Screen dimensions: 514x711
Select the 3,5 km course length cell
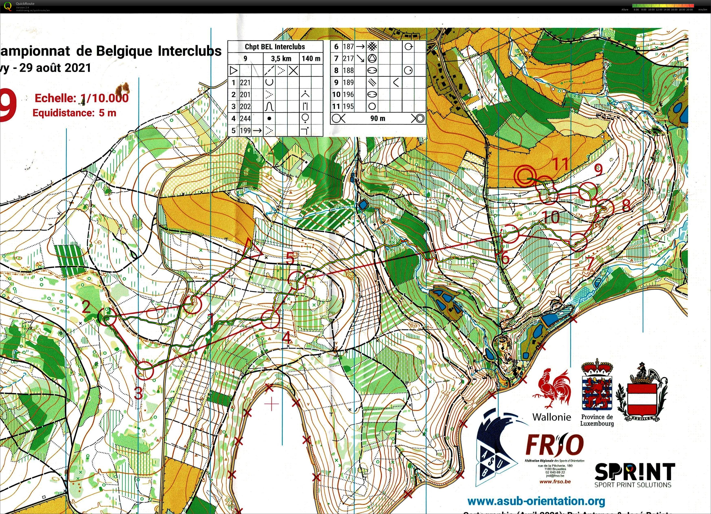(281, 58)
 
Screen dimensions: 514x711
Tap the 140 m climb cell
(311, 58)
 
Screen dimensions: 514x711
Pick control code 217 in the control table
(348, 58)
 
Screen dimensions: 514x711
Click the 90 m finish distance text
(378, 118)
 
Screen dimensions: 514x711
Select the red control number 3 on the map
(138, 394)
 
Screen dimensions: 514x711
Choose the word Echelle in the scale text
(55, 98)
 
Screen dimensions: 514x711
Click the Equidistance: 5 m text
(74, 113)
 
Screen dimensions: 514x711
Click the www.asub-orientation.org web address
(536, 501)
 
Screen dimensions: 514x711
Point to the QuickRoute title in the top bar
(25, 4)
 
